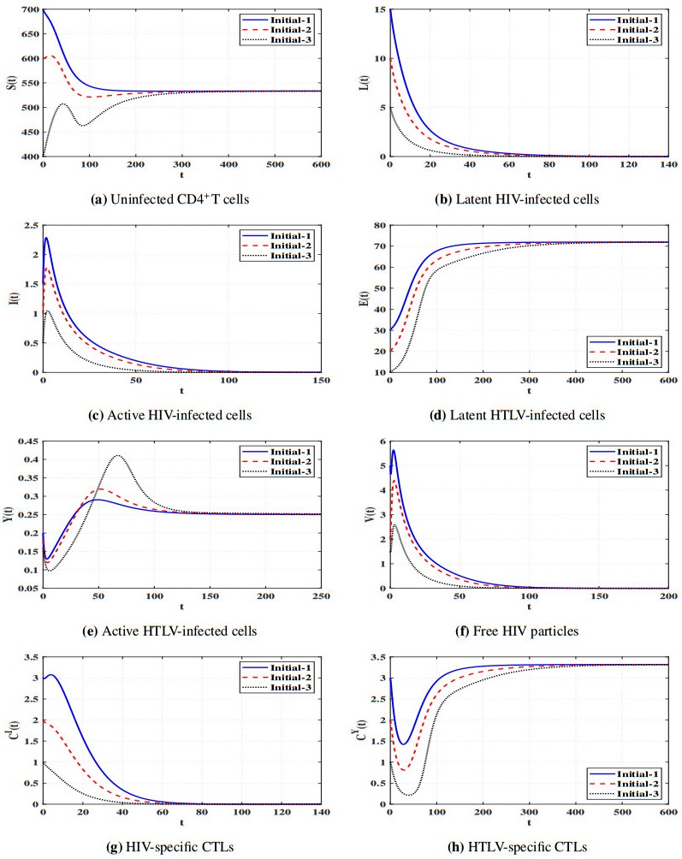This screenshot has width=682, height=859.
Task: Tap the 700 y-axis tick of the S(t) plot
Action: coord(30,10)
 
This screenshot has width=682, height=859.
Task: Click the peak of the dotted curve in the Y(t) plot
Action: coord(118,456)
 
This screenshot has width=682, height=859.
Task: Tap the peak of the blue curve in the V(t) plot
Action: coord(394,450)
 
